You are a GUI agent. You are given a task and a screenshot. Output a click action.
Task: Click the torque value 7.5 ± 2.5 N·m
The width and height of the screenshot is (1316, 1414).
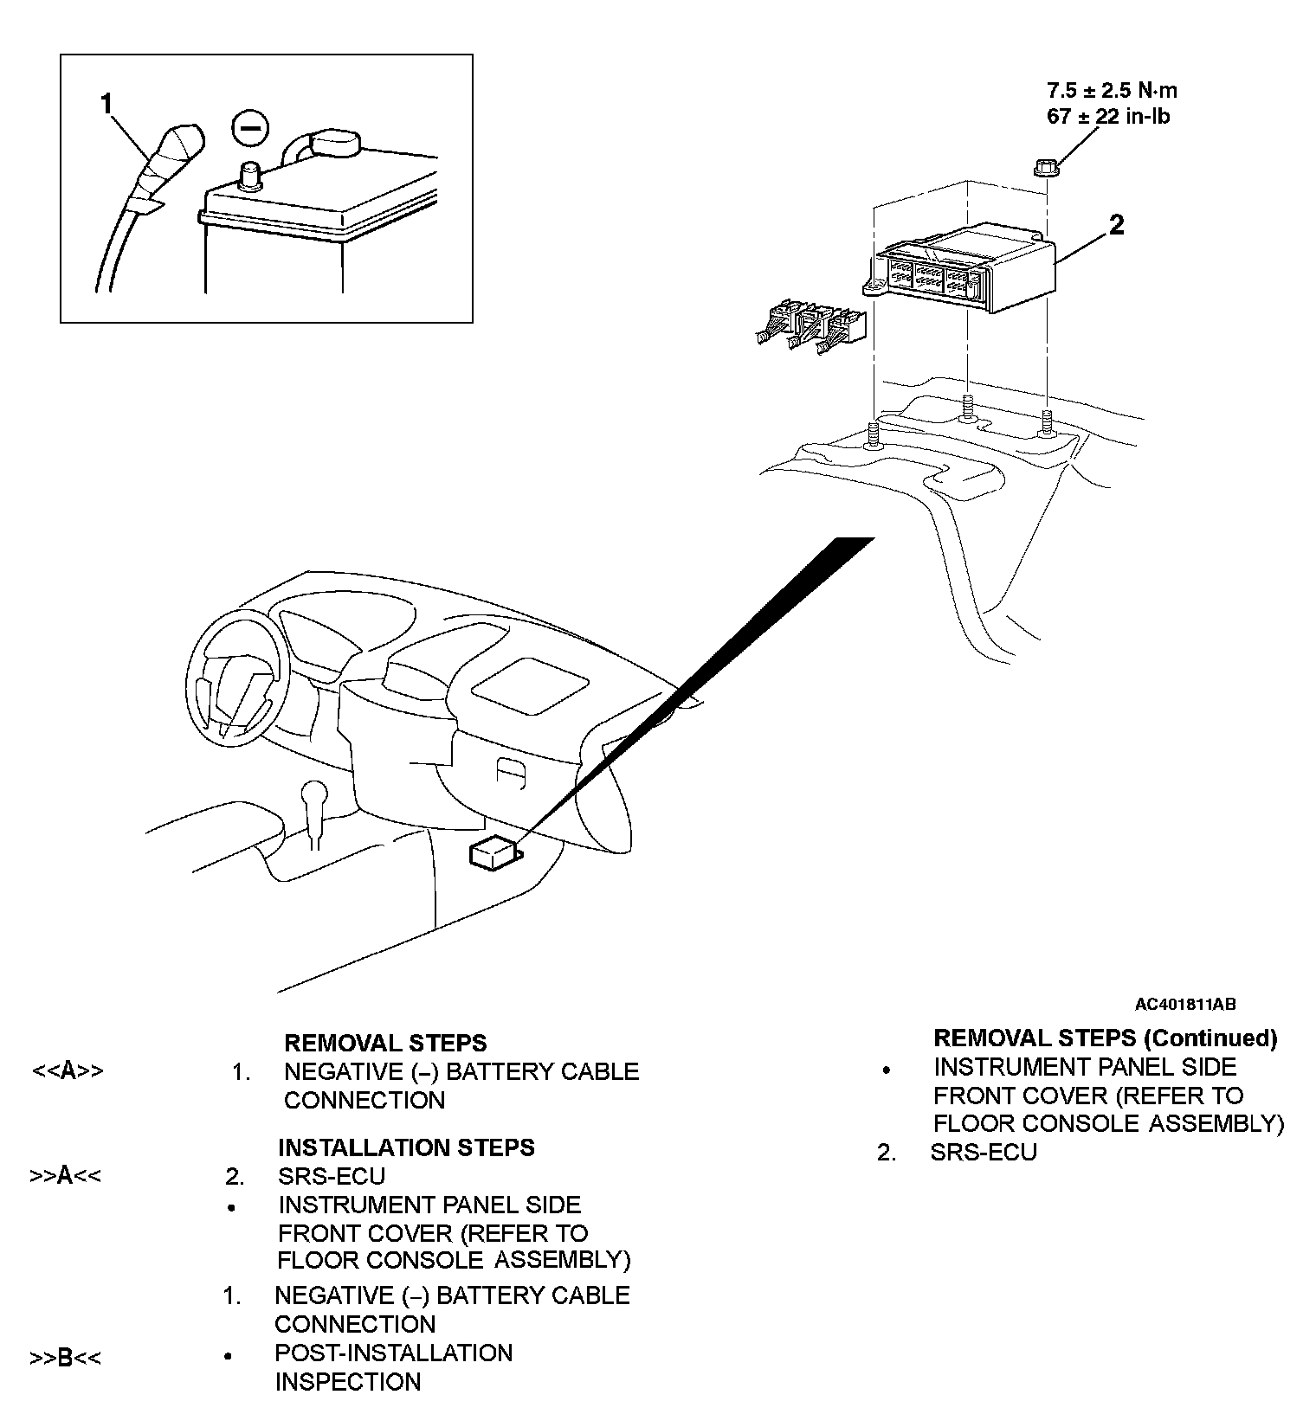point(1112,90)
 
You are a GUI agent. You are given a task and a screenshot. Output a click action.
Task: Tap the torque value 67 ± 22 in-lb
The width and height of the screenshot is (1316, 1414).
point(1108,116)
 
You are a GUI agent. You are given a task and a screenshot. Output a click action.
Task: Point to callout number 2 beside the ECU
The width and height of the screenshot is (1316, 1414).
point(1117,225)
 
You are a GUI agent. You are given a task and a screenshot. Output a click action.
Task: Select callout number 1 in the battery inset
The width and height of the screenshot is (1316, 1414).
point(106,105)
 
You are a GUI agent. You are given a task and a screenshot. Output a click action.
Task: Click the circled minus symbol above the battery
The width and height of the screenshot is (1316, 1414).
point(250,129)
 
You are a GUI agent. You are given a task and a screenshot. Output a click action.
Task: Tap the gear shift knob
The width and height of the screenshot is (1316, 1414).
point(313,794)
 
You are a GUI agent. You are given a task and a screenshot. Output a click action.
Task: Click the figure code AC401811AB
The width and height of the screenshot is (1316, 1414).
point(1185,1005)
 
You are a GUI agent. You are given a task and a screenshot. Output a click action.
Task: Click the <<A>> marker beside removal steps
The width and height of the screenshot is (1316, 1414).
point(68,1071)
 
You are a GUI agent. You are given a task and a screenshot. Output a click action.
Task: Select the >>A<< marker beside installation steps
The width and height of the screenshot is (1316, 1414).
point(66,1176)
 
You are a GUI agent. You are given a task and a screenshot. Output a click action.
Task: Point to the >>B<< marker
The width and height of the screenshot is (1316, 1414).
point(66,1358)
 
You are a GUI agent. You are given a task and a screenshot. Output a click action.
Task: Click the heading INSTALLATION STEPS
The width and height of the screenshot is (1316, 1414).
point(406,1147)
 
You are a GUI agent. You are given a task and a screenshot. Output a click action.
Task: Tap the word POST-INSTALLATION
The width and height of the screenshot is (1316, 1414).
point(393,1353)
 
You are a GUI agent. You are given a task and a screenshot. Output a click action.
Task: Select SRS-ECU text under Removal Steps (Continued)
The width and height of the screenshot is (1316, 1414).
point(984,1153)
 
